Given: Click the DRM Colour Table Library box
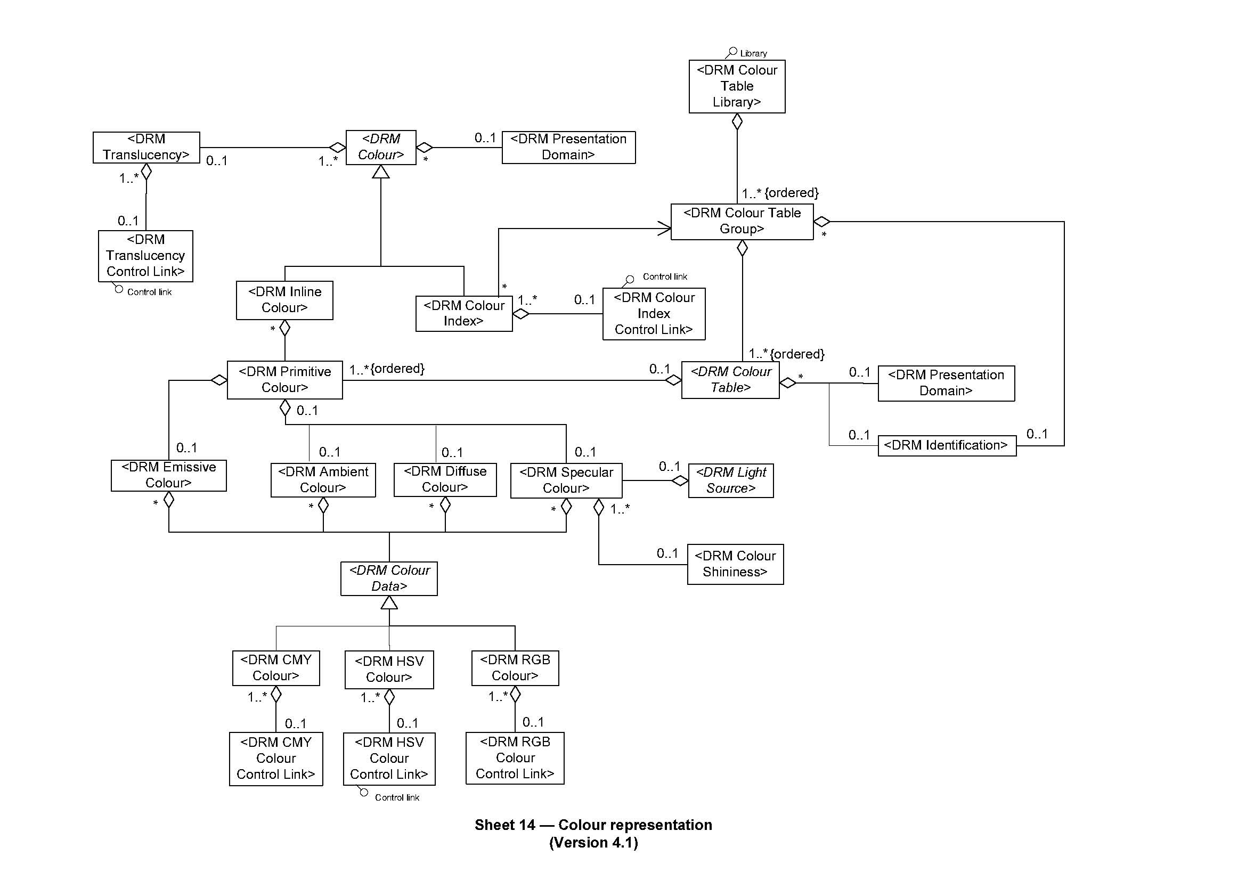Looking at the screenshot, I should click(x=736, y=86).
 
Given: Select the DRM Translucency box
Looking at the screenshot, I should click(x=146, y=147).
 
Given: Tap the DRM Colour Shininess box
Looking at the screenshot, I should click(x=735, y=564).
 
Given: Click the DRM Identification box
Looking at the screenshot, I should click(x=947, y=445).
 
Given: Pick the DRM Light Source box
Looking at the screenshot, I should click(x=730, y=480).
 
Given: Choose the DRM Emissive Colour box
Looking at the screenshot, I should click(x=168, y=475).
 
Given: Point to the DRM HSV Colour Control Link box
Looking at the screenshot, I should click(x=389, y=759).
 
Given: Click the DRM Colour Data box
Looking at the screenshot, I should click(x=389, y=578).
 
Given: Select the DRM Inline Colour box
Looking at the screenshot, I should click(x=284, y=300).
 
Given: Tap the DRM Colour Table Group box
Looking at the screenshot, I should click(x=742, y=222).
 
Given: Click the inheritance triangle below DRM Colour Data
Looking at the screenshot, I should click(x=389, y=603).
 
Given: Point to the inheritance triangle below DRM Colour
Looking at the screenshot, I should click(x=380, y=172).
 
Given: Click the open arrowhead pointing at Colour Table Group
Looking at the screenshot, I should click(x=664, y=229).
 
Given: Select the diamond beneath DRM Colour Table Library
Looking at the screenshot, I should click(x=737, y=121).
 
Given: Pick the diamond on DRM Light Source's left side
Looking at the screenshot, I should click(x=680, y=480).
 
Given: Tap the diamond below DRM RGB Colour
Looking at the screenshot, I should click(x=515, y=694).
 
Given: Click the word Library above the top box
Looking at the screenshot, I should click(x=753, y=53).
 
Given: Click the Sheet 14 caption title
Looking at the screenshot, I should click(x=593, y=825).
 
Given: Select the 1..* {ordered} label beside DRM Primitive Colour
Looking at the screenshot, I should click(x=386, y=369).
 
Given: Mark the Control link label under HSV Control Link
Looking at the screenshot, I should click(x=397, y=797).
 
